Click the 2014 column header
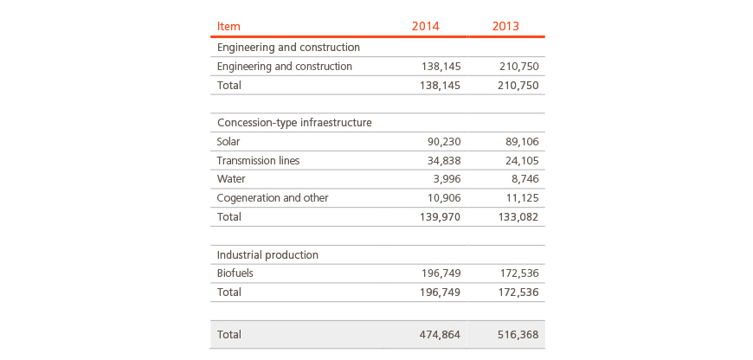pos(426,26)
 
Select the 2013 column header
pos(505,26)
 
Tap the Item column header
pos(228,26)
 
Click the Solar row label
pos(228,141)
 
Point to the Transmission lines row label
pos(259,160)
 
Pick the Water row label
pos(231,179)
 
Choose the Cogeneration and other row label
pos(273,198)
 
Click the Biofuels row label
pos(235,273)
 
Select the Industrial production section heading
pos(267,254)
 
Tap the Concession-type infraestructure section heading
pos(294,122)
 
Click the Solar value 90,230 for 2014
pos(444,142)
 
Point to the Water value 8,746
pos(525,179)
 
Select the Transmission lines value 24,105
pos(522,160)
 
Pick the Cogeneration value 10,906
pos(444,198)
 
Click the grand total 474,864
pos(441,335)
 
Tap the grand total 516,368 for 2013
pos(518,335)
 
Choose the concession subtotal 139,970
pos(441,217)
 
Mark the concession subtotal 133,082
pos(518,217)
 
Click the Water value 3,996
pos(447,179)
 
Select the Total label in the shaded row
pos(229,335)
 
